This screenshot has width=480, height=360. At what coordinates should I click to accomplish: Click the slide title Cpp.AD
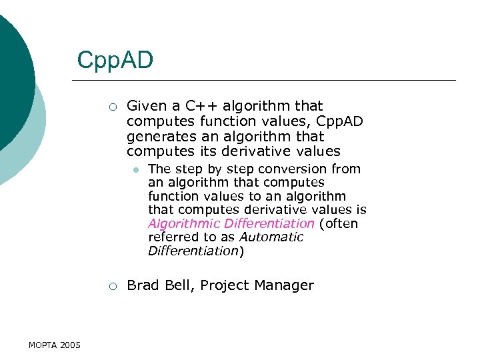(115, 60)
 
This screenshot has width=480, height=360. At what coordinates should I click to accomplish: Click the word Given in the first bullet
(145, 105)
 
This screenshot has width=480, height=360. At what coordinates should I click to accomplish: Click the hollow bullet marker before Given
(113, 107)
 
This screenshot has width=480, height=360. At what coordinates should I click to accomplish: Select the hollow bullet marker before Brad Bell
(113, 286)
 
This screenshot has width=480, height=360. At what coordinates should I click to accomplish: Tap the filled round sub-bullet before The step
(135, 170)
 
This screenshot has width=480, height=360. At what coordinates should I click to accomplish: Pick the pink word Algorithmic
(184, 223)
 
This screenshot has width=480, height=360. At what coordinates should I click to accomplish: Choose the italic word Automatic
(271, 237)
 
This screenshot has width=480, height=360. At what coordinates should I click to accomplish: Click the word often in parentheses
(341, 223)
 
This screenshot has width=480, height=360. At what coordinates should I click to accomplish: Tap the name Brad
(142, 285)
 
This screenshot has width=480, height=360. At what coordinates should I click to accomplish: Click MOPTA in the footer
(43, 345)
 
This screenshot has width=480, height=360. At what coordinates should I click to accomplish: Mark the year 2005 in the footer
(70, 345)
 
